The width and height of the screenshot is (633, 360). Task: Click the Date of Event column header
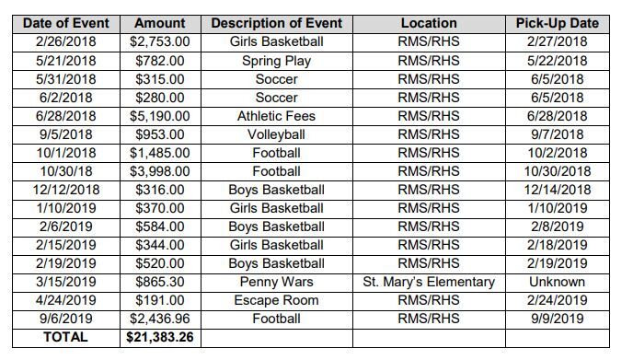coord(66,23)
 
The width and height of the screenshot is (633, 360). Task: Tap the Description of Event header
coord(276,23)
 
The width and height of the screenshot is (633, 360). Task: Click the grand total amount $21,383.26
coord(160,337)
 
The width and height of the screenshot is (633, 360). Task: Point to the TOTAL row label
coord(66,337)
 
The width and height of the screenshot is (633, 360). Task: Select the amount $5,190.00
coord(160,116)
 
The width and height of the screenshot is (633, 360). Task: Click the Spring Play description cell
coord(276,61)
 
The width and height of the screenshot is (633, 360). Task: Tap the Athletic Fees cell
coord(276,116)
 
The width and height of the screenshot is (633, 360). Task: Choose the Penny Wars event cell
coord(276,282)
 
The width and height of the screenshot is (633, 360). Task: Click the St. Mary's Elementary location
coord(429,282)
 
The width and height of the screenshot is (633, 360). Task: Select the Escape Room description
coord(276,300)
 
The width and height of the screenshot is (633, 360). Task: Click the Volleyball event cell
coord(276,134)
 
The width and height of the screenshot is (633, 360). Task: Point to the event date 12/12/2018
coord(66,190)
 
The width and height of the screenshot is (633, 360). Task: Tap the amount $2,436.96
coord(160,319)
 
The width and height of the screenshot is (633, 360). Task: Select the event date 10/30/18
coord(66,171)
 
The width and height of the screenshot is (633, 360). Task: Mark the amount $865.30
coord(160,282)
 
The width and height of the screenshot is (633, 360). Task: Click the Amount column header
coord(160,23)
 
